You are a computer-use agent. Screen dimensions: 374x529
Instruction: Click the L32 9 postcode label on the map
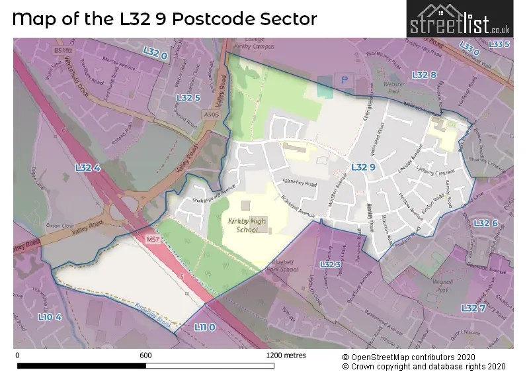[x=363, y=167]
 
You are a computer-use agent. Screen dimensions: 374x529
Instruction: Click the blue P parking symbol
[x=343, y=78]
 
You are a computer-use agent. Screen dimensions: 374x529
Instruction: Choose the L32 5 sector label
[x=188, y=97]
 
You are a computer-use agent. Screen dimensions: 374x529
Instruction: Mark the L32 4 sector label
[x=87, y=168]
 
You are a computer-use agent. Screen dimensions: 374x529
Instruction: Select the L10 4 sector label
[x=50, y=317]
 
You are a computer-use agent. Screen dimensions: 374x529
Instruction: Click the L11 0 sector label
[x=204, y=327]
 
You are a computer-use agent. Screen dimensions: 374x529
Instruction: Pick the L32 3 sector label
[x=330, y=264]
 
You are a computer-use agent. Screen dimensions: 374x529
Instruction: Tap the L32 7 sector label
[x=473, y=308]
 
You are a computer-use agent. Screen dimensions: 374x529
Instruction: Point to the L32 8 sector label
[x=424, y=75]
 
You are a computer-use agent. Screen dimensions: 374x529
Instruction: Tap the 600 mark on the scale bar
[x=145, y=355]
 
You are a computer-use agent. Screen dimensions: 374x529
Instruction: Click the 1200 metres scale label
[x=286, y=355]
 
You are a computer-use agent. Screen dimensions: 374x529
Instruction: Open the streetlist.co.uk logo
[x=459, y=20]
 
